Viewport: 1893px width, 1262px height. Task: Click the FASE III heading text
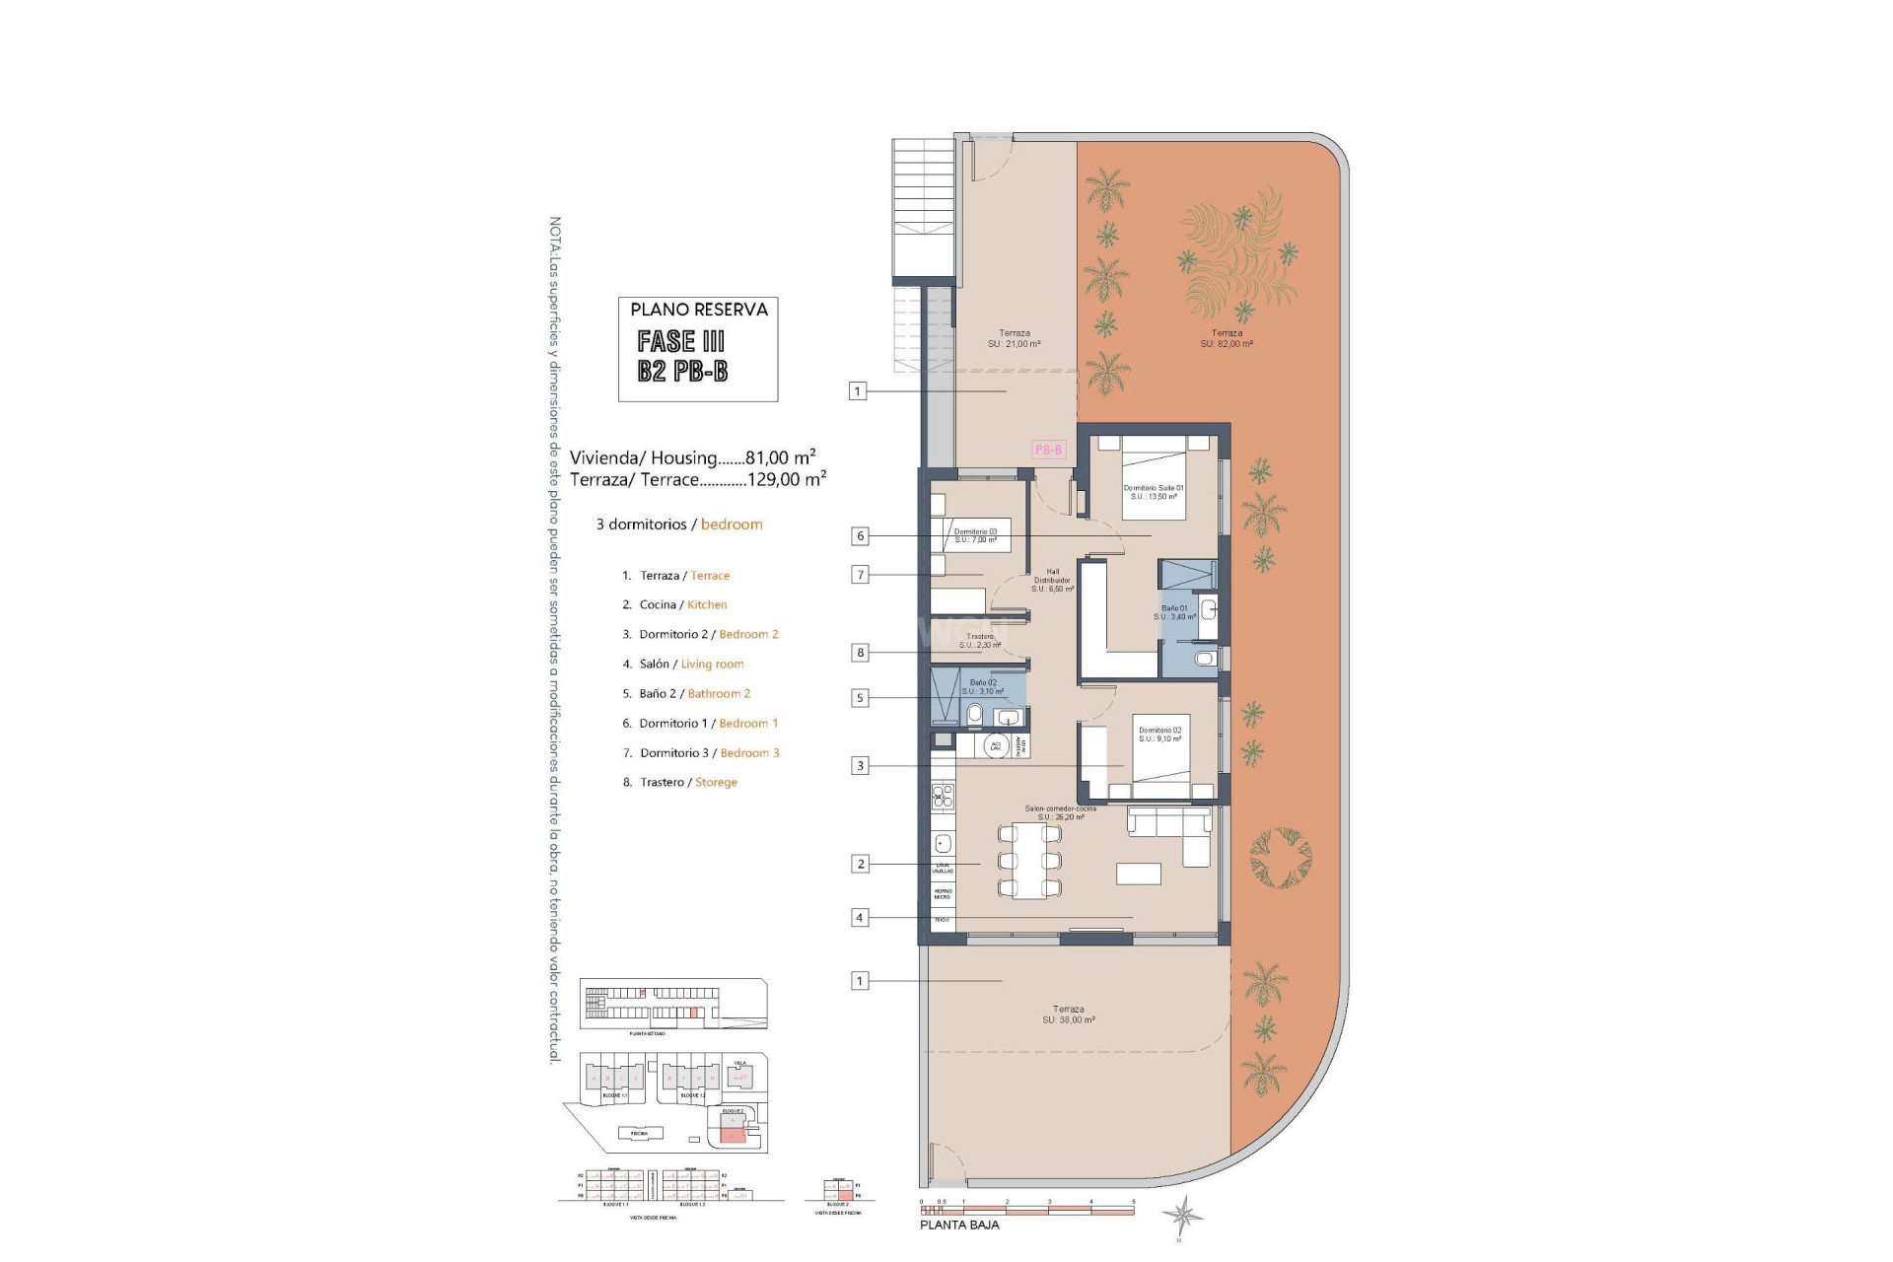click(x=681, y=341)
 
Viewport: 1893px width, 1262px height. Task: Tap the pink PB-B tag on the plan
click(x=1048, y=450)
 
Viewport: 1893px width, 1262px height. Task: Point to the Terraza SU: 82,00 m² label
click(x=1227, y=338)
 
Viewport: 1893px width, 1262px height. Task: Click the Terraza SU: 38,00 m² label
click(x=1068, y=1015)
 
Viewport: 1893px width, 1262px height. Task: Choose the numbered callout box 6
click(x=861, y=536)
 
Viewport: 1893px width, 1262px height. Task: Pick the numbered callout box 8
click(x=861, y=652)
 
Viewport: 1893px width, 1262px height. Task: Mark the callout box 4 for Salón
click(x=860, y=917)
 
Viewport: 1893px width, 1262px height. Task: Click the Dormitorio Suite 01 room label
click(x=1153, y=492)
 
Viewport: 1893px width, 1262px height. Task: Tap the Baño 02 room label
click(x=983, y=686)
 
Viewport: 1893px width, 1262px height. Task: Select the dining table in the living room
click(x=1029, y=861)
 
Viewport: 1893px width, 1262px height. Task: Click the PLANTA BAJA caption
click(x=959, y=1225)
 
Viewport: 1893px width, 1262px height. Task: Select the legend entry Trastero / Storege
click(x=680, y=782)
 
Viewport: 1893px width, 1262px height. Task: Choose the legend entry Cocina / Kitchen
click(x=675, y=604)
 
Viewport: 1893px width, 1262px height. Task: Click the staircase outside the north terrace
click(x=924, y=212)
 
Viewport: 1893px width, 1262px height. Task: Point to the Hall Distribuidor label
click(x=1052, y=580)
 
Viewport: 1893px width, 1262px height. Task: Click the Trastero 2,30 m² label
click(x=979, y=641)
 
